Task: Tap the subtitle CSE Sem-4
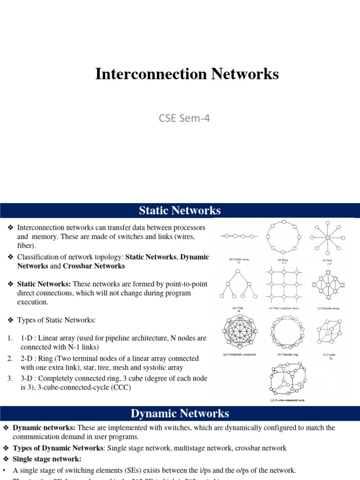click(184, 118)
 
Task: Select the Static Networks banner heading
click(180, 210)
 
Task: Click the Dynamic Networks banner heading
click(180, 413)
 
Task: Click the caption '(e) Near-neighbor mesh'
click(284, 308)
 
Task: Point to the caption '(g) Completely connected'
click(240, 355)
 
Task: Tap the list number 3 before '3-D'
click(9, 378)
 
